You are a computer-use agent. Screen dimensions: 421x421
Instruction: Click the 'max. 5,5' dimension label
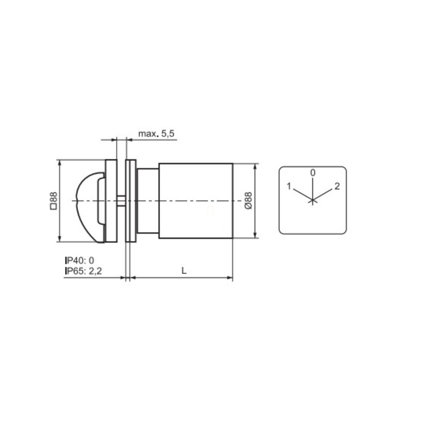click(156, 133)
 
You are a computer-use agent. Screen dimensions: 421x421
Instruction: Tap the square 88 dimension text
click(54, 200)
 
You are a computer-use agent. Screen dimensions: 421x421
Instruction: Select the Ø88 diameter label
click(248, 200)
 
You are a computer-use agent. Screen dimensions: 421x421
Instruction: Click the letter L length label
click(184, 271)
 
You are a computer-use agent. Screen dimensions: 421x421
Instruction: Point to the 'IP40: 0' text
click(80, 261)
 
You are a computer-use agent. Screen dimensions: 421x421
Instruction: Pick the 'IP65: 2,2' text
click(83, 271)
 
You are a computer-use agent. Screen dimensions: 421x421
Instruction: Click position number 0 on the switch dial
click(313, 173)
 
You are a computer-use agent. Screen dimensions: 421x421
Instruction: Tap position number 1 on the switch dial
click(289, 186)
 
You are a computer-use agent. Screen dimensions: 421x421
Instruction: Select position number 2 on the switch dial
click(337, 186)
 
